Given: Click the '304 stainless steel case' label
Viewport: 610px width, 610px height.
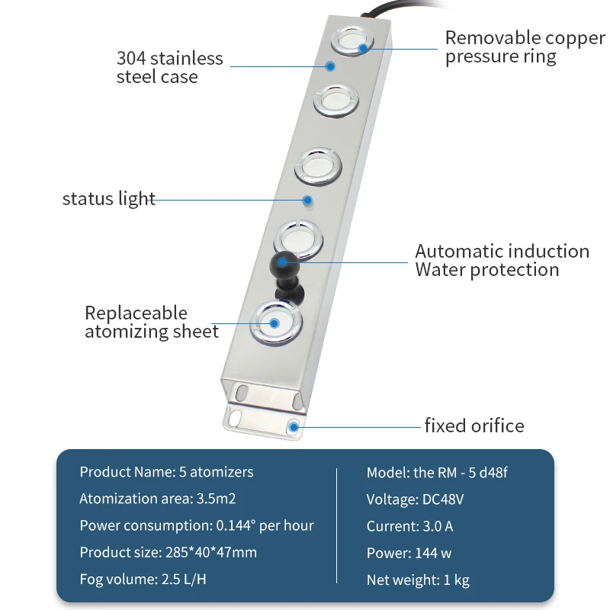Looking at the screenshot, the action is click(169, 67).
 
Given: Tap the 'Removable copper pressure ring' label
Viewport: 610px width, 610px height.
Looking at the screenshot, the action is click(525, 47).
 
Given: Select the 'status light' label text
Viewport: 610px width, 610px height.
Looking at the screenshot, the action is click(109, 199).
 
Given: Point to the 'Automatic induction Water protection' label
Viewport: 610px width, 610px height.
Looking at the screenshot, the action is click(502, 260).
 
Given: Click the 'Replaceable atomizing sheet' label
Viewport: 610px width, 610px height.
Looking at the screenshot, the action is click(152, 322).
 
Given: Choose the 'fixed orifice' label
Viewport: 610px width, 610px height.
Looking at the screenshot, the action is click(474, 425).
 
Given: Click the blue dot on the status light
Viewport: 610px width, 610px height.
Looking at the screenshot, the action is click(307, 201).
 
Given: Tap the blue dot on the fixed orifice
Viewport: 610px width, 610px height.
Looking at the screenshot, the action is click(294, 427).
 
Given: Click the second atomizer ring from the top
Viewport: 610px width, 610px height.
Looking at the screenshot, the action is click(336, 101).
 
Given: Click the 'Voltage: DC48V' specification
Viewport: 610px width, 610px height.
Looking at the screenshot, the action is click(415, 499).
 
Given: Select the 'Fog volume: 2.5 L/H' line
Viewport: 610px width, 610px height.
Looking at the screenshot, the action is click(143, 579).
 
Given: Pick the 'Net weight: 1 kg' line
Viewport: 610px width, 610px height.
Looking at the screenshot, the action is click(418, 579).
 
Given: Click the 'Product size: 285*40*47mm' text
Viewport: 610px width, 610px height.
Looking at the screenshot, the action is click(168, 552).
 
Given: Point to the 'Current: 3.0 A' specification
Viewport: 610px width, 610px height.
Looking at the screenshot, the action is click(409, 526).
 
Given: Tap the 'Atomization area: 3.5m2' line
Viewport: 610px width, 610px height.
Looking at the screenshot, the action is click(158, 499).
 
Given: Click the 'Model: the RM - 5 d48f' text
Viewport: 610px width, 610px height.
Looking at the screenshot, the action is click(437, 472).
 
